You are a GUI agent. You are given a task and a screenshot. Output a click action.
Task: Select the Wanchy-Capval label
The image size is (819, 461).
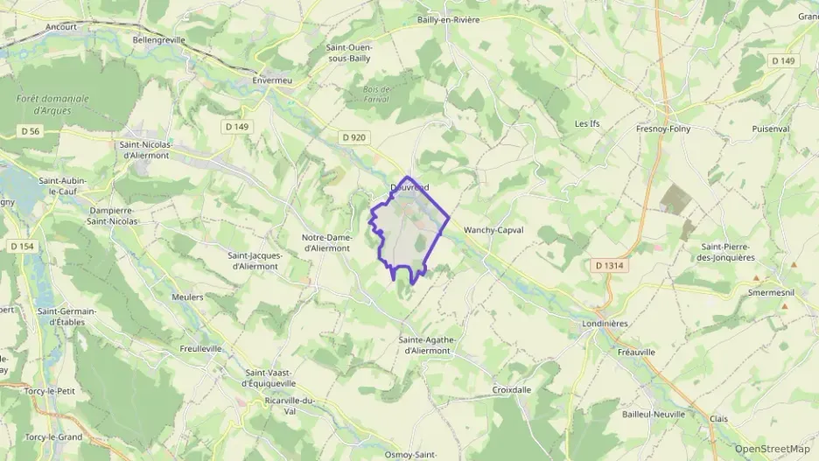point(493,230)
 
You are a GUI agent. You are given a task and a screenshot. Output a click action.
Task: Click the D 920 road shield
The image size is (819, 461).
point(353,137)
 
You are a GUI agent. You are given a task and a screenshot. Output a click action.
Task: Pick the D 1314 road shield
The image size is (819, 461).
point(611,265)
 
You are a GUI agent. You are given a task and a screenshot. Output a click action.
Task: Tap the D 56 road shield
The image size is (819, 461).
point(31,130)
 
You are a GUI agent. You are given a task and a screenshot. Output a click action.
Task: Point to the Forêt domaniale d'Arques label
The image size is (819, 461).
point(52,104)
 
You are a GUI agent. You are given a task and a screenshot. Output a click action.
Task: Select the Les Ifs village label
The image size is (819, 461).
point(587,124)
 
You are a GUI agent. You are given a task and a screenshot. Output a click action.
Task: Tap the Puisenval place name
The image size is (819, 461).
point(770,129)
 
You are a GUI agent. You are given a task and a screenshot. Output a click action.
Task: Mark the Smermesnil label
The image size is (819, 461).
point(770,293)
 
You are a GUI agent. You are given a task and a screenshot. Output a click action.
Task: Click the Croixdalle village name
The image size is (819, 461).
point(512,390)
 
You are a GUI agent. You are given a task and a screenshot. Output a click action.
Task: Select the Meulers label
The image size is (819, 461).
point(187,297)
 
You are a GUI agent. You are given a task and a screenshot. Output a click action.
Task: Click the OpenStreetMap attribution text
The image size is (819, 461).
point(772,449)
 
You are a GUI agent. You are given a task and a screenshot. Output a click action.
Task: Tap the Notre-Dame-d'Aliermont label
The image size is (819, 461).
point(325,242)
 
